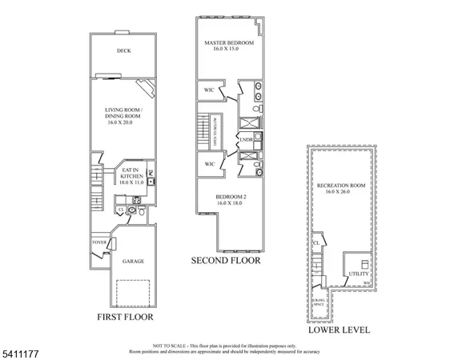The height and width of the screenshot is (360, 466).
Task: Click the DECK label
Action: tap(123, 51)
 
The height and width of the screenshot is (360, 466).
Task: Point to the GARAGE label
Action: tap(133, 261)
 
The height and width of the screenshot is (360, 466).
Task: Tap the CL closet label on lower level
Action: tap(316, 242)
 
